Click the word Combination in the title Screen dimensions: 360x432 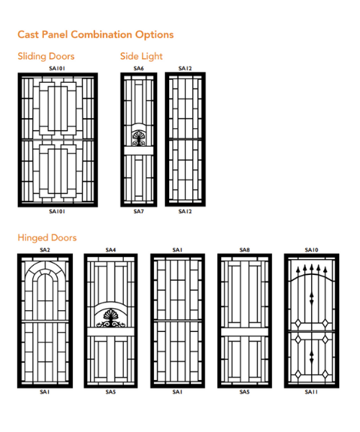102,35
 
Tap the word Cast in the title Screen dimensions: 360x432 28,35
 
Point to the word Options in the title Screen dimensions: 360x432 154,35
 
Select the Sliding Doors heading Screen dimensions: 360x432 46,56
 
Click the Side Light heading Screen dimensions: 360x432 141,56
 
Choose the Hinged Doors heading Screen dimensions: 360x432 47,238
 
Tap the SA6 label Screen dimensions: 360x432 138,68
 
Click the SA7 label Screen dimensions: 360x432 138,211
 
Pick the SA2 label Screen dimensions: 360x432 45,250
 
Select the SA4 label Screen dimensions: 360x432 110,250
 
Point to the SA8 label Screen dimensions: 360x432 245,250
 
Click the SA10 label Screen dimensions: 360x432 312,250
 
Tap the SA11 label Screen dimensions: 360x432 312,392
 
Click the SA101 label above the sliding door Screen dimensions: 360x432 57,68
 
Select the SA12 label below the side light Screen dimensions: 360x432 185,211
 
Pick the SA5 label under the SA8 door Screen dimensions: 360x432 245,392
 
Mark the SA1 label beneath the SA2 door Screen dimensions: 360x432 45,392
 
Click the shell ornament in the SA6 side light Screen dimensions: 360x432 138,138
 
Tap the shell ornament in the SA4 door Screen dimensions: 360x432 110,318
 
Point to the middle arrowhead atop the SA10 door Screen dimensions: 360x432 312,267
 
